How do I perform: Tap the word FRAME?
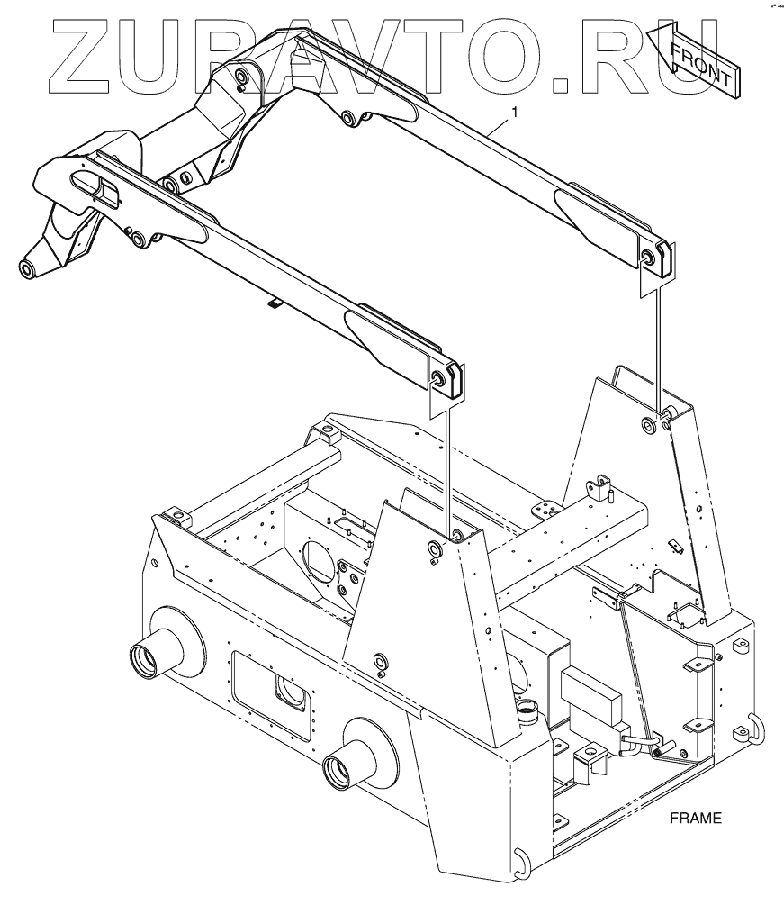tap(696, 819)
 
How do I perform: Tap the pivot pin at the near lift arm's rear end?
tap(440, 377)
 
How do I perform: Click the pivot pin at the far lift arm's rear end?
tap(646, 256)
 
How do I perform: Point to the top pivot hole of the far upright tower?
tap(648, 423)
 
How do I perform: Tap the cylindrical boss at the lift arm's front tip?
tap(26, 268)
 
